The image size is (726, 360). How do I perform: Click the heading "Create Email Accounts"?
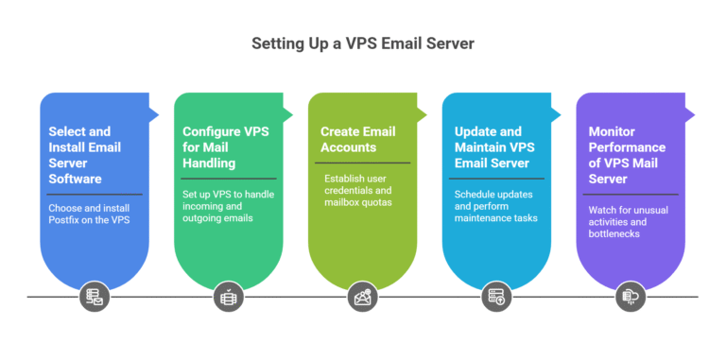point(357,139)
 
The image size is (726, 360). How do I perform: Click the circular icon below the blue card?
point(94,297)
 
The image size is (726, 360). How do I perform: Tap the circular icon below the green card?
point(228,297)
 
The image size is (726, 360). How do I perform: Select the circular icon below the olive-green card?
point(362,297)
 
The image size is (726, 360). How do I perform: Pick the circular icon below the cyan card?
point(496,297)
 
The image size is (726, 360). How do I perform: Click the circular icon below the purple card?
point(631,297)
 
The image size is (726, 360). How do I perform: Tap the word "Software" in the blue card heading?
point(77,179)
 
